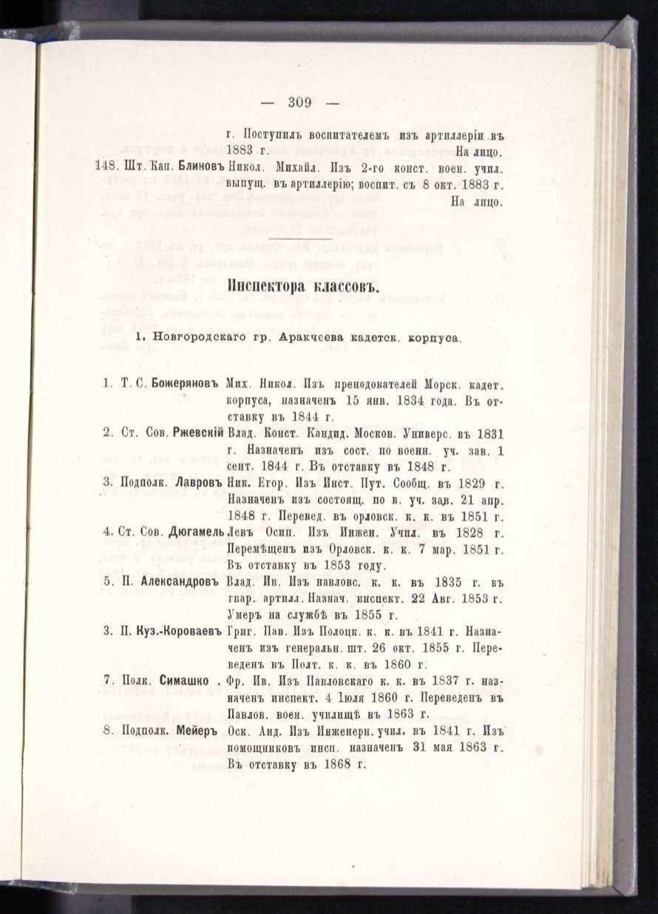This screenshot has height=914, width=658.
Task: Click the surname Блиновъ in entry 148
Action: point(202,168)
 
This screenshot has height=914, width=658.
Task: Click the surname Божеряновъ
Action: point(186,384)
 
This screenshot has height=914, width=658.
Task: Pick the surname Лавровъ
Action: point(196,483)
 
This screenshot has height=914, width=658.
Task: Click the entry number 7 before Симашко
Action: point(106,681)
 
